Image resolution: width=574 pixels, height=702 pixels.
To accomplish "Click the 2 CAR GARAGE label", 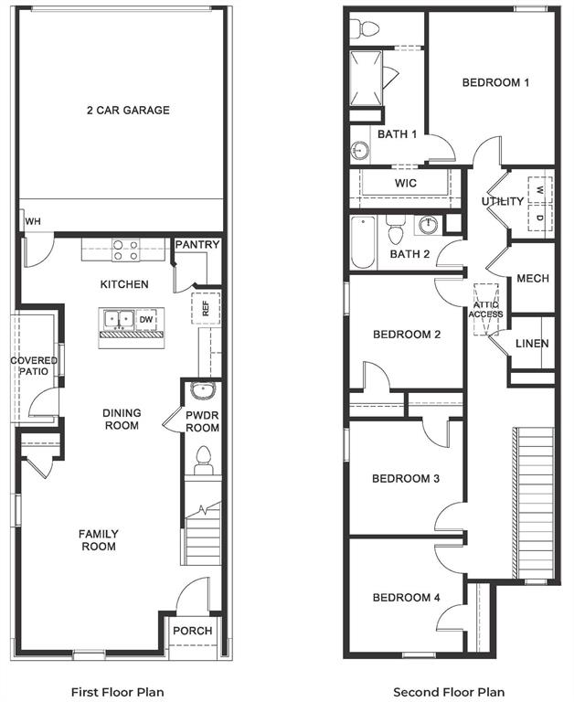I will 128,111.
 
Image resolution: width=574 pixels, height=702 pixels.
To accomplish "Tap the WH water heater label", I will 33,222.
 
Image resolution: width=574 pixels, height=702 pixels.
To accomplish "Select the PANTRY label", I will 197,245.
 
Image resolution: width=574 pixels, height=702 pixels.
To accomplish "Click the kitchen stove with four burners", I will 125,250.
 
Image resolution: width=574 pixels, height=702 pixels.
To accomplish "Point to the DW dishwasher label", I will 145,320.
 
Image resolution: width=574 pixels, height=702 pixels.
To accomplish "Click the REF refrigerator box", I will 206,308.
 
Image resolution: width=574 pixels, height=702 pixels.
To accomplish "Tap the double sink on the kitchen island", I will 120,320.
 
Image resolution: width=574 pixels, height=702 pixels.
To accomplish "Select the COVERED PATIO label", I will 34,366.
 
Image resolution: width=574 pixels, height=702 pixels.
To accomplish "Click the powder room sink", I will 201,392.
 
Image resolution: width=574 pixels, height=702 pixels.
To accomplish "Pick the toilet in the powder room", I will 203,460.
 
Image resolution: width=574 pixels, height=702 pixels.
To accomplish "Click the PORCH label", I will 193,631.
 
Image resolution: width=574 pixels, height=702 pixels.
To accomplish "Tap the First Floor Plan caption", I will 118,692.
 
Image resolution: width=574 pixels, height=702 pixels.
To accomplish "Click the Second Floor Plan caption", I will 449,692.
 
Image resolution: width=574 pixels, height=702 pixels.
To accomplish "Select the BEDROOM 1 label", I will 495,83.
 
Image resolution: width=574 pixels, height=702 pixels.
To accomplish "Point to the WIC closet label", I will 406,183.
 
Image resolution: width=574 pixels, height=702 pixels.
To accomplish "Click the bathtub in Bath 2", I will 363,242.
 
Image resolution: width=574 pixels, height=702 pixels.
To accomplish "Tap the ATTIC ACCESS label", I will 485,309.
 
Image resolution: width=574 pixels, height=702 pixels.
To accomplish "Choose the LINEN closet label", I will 532,344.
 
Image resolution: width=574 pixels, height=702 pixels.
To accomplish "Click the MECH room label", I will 532,279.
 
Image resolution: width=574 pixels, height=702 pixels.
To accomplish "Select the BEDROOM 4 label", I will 406,598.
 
